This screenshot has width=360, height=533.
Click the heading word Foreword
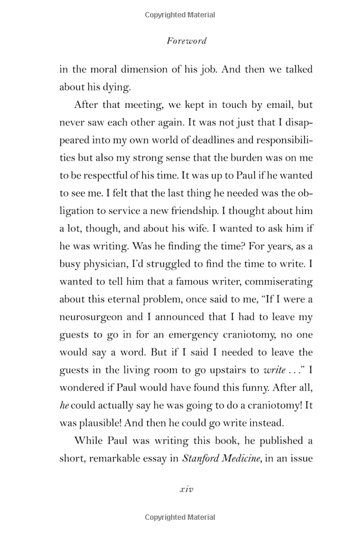pyautogui.click(x=185, y=41)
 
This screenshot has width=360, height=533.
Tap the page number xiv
pyautogui.click(x=186, y=489)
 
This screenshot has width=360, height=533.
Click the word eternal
pyautogui.click(x=128, y=300)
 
